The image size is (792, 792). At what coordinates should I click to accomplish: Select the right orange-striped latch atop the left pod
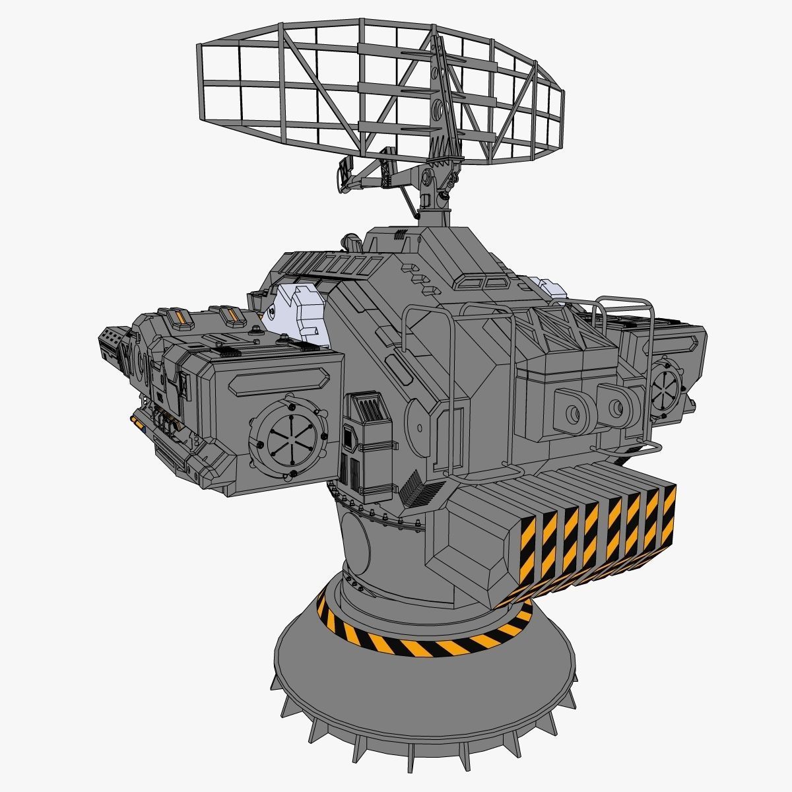tap(232, 316)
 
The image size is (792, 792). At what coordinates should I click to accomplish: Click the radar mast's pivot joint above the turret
tap(428, 178)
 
